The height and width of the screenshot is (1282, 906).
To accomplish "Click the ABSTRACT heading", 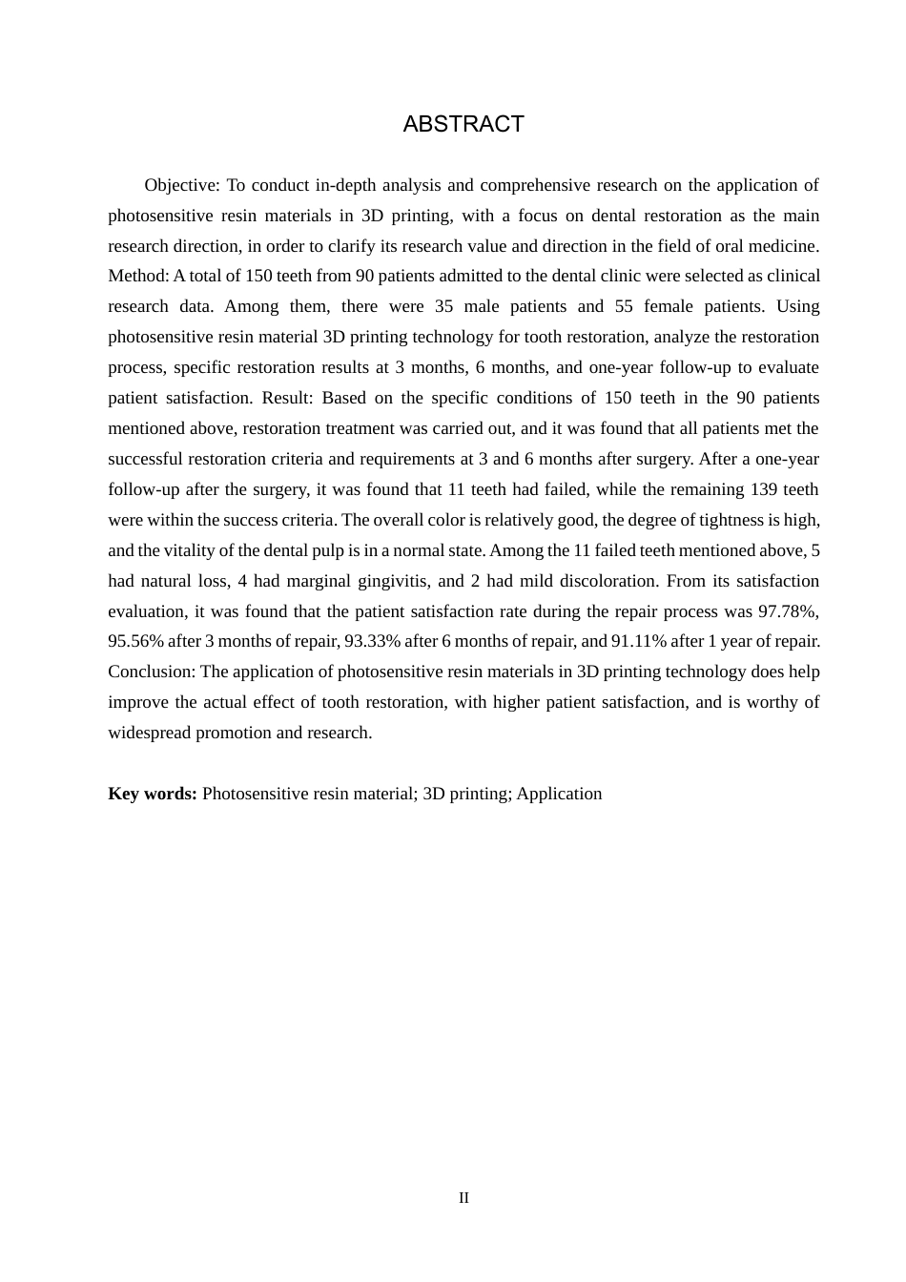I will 463,124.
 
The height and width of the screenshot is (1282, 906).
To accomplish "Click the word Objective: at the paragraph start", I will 182,185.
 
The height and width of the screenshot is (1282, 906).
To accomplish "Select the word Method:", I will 138,276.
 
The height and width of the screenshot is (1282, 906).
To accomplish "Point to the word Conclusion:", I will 152,672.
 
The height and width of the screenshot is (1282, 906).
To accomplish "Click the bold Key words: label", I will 153,794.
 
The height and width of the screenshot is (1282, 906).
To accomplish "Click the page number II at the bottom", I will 463,1198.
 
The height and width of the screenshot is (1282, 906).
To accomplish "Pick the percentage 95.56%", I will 135,641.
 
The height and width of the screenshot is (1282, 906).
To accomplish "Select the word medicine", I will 785,246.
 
